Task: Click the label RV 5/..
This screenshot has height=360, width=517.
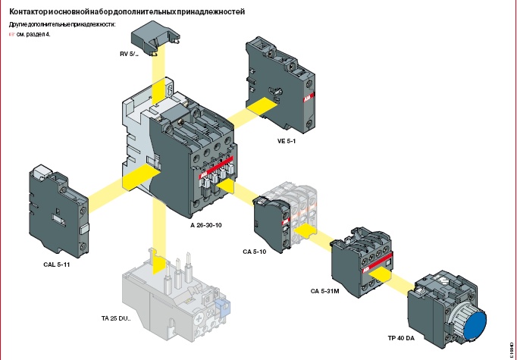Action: [x=129, y=54]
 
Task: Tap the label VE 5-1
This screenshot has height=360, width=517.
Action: [x=287, y=141]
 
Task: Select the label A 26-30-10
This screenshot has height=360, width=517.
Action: [x=206, y=226]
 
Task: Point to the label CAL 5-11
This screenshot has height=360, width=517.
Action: [x=57, y=265]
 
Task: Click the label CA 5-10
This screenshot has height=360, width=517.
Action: [x=255, y=252]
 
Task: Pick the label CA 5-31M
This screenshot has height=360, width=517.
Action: [x=324, y=291]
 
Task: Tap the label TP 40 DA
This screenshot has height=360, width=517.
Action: [x=401, y=338]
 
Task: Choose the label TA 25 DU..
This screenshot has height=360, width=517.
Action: [x=116, y=319]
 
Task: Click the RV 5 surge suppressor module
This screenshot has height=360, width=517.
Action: [x=155, y=37]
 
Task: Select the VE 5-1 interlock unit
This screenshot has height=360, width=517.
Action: [x=280, y=84]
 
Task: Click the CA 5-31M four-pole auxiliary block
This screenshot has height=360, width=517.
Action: [x=362, y=262]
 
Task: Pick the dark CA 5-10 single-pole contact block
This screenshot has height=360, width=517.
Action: [x=272, y=224]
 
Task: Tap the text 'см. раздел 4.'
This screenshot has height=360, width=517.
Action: [x=33, y=34]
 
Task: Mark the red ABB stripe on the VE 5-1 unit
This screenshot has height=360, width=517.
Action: [x=308, y=98]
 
